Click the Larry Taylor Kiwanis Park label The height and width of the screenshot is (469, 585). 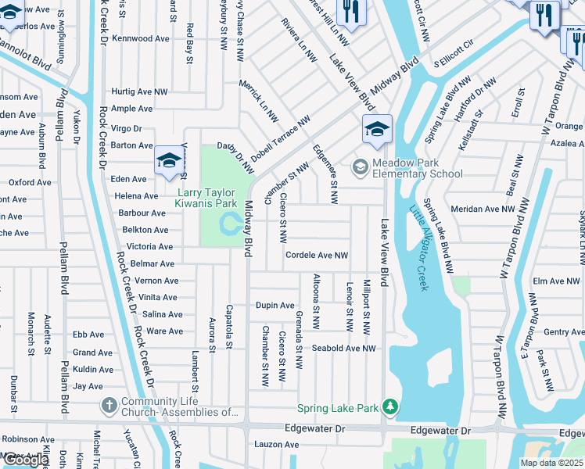[206, 198]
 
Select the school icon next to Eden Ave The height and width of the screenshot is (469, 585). [167, 161]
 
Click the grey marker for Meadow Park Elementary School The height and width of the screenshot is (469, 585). [360, 166]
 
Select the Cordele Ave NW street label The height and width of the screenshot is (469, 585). [317, 256]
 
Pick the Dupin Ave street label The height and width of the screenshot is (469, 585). [275, 306]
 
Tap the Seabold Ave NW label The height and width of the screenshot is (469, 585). [343, 349]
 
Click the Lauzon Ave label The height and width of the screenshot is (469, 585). [276, 445]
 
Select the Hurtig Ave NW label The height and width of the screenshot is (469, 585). [139, 92]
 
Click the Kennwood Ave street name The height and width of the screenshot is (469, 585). [141, 38]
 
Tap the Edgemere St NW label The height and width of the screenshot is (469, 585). [325, 174]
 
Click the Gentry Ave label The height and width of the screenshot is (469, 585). [563, 332]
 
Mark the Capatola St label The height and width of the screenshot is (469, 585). [229, 326]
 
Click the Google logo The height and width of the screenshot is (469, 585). [26, 460]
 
